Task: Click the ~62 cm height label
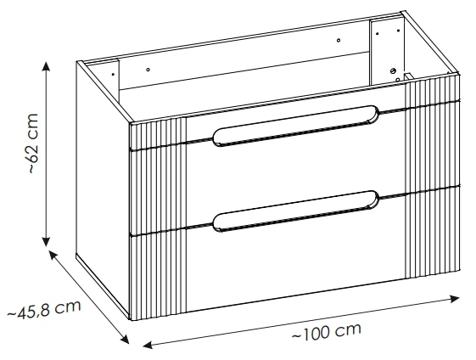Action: click(34, 143)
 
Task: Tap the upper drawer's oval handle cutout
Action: click(296, 126)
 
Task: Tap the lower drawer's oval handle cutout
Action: click(296, 211)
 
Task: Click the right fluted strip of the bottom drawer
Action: click(433, 233)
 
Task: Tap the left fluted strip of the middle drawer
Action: click(158, 190)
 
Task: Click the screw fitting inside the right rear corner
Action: click(392, 70)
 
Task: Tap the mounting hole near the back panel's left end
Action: click(148, 70)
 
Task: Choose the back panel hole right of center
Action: click(339, 40)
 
